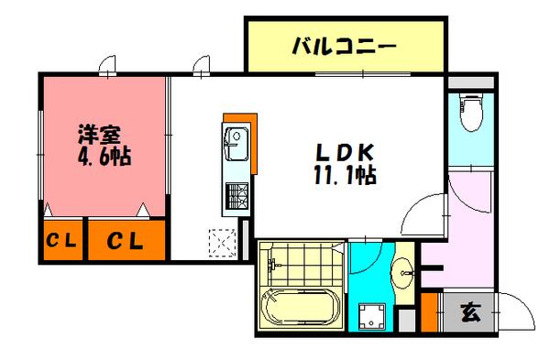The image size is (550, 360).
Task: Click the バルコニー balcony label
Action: [x=345, y=47]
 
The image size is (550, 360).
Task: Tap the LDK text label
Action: [x=345, y=152]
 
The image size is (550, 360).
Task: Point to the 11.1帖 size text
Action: [x=345, y=175]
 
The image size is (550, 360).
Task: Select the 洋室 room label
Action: [x=100, y=135]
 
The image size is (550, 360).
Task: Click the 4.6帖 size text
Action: [x=104, y=156]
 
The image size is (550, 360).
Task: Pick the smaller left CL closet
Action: [x=63, y=241]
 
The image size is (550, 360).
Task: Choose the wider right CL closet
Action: [x=126, y=241]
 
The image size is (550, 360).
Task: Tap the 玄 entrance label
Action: [x=470, y=312]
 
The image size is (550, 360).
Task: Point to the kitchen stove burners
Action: [x=236, y=196]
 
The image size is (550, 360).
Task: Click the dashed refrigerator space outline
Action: [x=223, y=243]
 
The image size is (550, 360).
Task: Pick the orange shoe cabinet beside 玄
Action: [x=429, y=312]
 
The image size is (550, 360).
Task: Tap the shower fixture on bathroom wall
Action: [x=271, y=265]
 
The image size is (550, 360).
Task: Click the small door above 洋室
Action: [x=107, y=66]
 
